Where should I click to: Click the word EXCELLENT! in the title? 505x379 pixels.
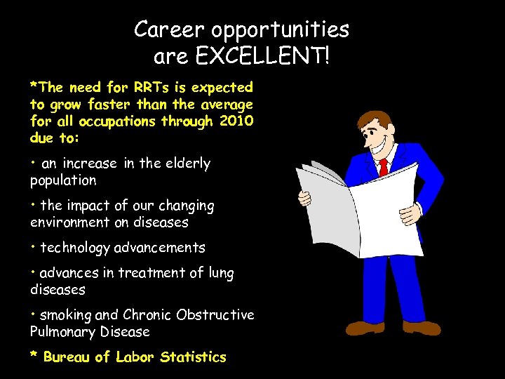point(262,55)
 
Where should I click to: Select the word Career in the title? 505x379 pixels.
point(166,29)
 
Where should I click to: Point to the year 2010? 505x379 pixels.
point(236,121)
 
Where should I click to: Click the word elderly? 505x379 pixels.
point(187,164)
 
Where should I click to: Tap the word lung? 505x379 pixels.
point(222,273)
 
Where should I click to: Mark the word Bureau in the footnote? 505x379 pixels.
point(67,357)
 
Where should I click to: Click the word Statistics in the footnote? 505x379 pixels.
point(193,357)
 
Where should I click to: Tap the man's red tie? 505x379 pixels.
point(383,167)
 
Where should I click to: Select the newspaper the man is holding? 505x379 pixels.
point(358,207)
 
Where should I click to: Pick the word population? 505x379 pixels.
point(63,180)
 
